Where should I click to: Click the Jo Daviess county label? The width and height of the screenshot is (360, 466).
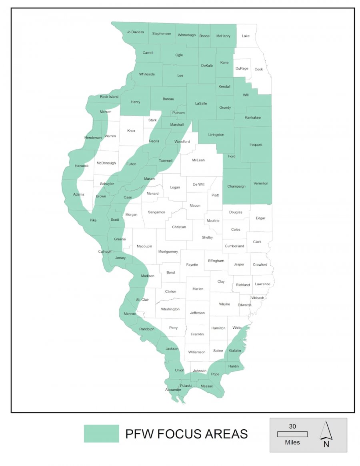(x=135, y=32)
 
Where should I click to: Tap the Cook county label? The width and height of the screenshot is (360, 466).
(x=259, y=69)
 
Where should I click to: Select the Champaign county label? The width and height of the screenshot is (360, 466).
(x=236, y=186)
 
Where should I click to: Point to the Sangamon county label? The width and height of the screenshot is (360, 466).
(x=156, y=212)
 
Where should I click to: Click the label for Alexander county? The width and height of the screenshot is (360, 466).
(x=173, y=390)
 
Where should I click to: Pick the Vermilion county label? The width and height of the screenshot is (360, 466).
(x=261, y=183)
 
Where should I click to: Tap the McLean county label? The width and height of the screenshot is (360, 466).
(x=198, y=160)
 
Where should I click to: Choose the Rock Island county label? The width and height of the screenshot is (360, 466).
(x=109, y=97)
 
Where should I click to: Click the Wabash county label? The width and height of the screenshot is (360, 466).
(x=258, y=298)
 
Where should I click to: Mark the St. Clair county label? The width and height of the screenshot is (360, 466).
(x=142, y=300)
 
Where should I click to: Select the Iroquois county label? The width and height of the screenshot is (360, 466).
(x=256, y=144)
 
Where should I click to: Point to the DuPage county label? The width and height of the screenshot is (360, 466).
(x=242, y=68)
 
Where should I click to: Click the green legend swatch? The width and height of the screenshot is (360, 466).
(x=102, y=434)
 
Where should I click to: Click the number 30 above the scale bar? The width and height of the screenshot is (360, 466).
(x=292, y=426)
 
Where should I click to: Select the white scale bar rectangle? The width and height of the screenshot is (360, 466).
(x=292, y=434)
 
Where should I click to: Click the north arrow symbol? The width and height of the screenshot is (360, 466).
(x=326, y=431)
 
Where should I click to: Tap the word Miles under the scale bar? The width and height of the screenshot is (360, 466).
(x=292, y=442)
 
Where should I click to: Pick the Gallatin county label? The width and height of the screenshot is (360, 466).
(x=235, y=350)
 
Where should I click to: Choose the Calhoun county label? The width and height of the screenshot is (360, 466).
(x=105, y=252)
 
